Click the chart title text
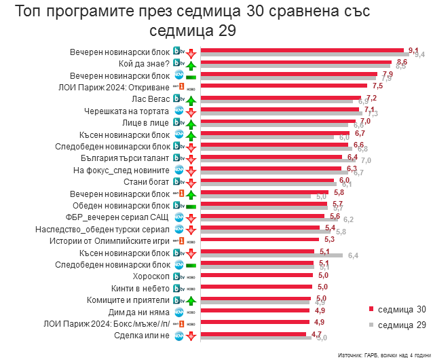[x=217, y=20]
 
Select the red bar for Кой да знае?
[x=299, y=62]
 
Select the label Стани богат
[x=146, y=182]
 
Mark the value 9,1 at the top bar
[x=414, y=50]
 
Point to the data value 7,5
[x=378, y=86]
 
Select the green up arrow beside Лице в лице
[x=191, y=124]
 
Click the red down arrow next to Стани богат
[x=191, y=183]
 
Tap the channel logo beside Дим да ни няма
[x=178, y=312]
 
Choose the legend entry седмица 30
[x=401, y=310]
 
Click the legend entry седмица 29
[x=401, y=325]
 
